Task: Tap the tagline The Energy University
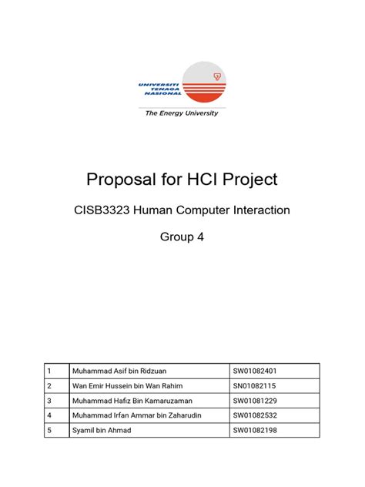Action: click(x=182, y=113)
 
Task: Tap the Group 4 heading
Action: click(x=182, y=238)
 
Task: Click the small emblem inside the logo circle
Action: click(x=217, y=76)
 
